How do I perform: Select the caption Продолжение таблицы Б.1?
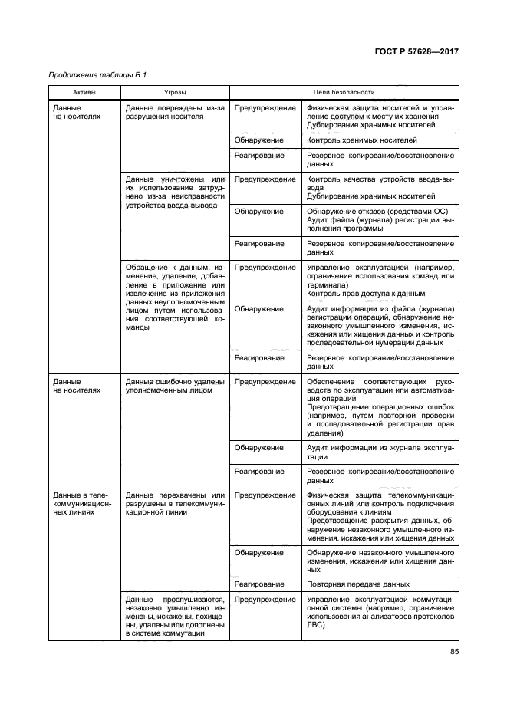(x=97, y=75)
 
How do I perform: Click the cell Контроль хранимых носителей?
(x=361, y=140)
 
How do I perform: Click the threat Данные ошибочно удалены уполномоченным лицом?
(x=174, y=386)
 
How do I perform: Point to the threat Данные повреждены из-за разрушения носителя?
(x=174, y=113)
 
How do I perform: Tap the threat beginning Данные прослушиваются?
(x=174, y=617)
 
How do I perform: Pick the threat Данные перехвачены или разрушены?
(x=174, y=504)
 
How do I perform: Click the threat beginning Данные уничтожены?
(x=174, y=192)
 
